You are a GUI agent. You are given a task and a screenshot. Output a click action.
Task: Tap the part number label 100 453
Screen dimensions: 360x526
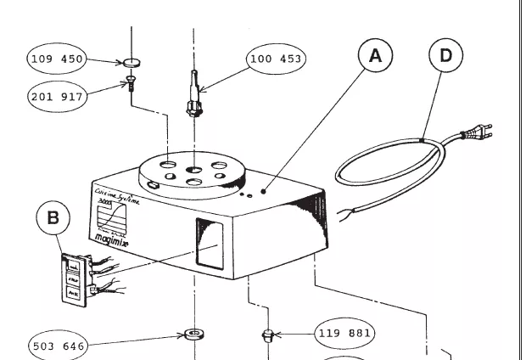pyautogui.click(x=276, y=59)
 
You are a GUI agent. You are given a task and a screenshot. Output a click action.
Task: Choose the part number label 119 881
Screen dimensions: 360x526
pyautogui.click(x=344, y=333)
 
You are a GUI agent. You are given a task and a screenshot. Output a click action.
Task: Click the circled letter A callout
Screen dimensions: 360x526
pyautogui.click(x=375, y=58)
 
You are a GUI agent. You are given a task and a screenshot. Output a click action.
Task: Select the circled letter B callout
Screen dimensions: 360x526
pyautogui.click(x=53, y=217)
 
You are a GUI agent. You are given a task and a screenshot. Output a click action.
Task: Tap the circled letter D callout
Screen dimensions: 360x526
pyautogui.click(x=445, y=58)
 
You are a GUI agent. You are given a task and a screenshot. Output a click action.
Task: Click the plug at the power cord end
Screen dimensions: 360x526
pyautogui.click(x=473, y=133)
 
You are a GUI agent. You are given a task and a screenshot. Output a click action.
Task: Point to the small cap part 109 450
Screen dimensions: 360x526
pyautogui.click(x=131, y=62)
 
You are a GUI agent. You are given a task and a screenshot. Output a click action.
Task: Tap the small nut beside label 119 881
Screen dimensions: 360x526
pyautogui.click(x=267, y=335)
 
